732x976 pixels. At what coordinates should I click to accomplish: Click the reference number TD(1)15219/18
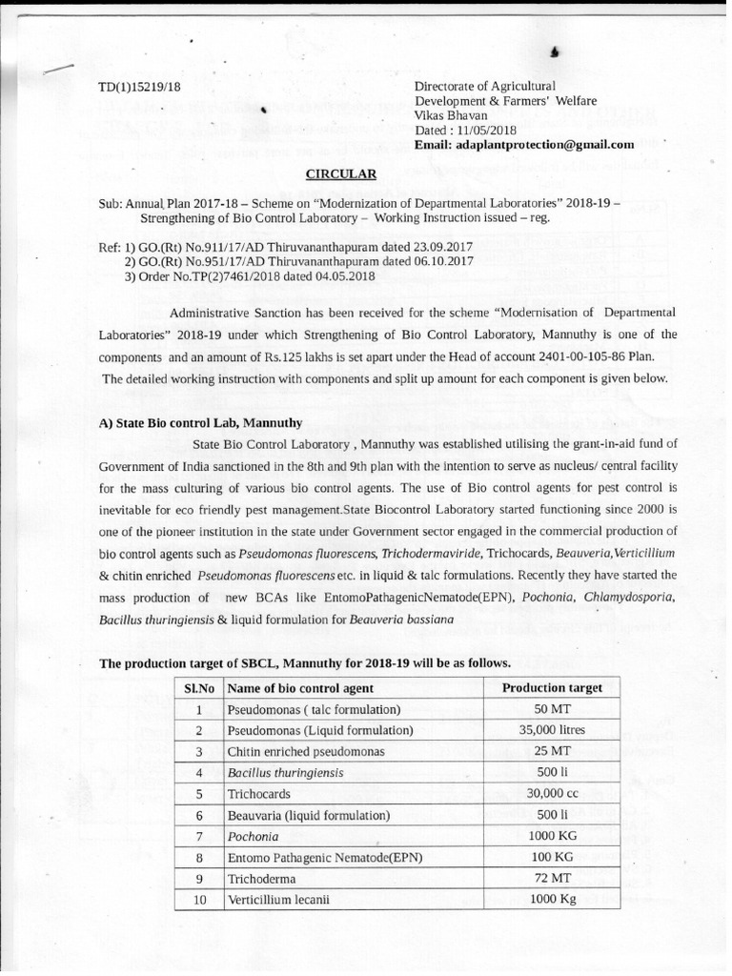[x=139, y=88]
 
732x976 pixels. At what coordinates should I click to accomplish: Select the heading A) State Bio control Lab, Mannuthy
[x=201, y=422]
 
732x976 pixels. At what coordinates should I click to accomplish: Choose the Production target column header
[x=551, y=688]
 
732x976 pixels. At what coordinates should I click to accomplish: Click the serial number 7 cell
[x=199, y=836]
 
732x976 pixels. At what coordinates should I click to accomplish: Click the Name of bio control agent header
[x=300, y=688]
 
